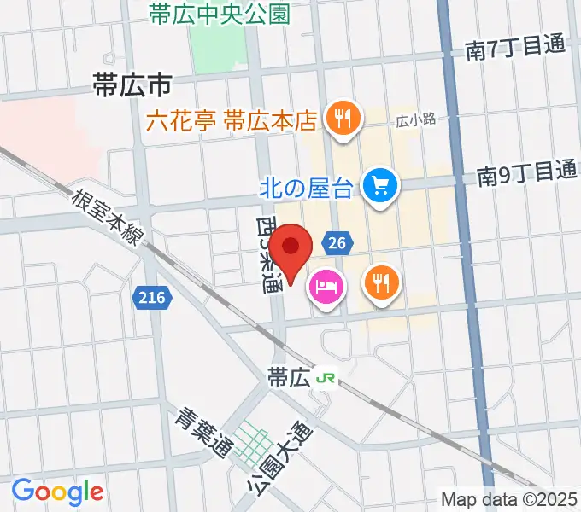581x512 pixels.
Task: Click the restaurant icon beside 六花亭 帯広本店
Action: pyautogui.click(x=343, y=119)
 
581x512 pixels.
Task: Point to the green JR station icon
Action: pyautogui.click(x=326, y=376)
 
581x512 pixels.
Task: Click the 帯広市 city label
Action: pyautogui.click(x=132, y=84)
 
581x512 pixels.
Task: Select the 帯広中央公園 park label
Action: pyautogui.click(x=219, y=14)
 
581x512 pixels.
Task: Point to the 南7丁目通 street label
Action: pyautogui.click(x=515, y=49)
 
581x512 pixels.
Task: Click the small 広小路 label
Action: pyautogui.click(x=416, y=120)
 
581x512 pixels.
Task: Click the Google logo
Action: pyautogui.click(x=57, y=491)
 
